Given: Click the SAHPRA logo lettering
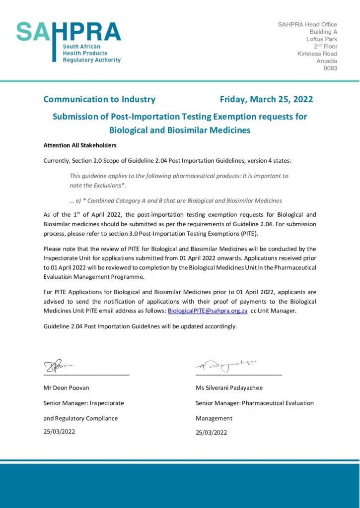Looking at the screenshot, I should [69, 32].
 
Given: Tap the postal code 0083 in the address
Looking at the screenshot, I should [330, 68].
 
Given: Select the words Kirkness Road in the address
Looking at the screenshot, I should [317, 54].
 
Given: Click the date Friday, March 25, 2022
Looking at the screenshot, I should [266, 99].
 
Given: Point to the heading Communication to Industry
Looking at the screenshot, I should [99, 99].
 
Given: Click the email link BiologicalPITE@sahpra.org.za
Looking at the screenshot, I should [208, 311].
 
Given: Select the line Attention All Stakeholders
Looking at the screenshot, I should [80, 146].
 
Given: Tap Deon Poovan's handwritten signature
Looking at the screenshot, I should [59, 367].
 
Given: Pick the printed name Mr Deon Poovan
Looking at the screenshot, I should [67, 388].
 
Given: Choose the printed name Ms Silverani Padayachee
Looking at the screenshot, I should [229, 388].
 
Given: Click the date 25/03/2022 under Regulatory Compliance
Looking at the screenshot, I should [60, 432].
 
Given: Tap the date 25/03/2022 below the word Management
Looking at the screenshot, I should [211, 433].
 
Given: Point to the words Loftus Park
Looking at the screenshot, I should [321, 39].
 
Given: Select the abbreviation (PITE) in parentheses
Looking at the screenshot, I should [248, 234].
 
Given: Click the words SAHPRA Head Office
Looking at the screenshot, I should [307, 24].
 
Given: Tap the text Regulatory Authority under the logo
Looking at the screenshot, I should [91, 60].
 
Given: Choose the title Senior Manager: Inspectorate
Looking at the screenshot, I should [83, 403].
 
